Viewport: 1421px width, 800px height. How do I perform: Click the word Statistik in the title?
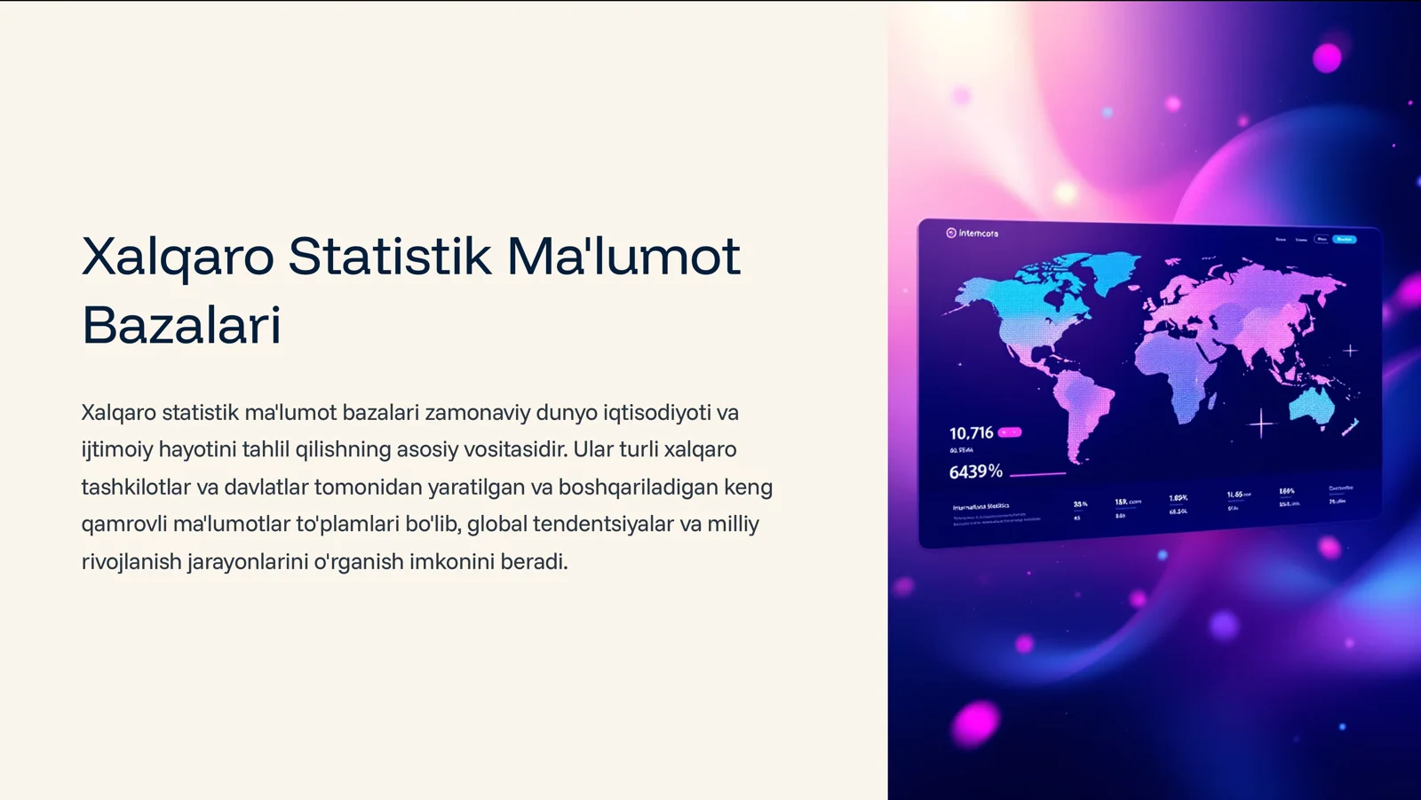click(x=389, y=257)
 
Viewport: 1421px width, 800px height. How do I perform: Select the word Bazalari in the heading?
click(x=181, y=325)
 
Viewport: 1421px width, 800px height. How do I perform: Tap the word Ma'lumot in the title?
click(x=623, y=257)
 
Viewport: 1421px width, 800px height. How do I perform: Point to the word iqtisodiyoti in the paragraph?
click(x=657, y=413)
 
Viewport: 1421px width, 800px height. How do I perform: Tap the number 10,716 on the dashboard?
click(x=971, y=433)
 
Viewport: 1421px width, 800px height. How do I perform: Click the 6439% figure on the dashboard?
click(x=975, y=471)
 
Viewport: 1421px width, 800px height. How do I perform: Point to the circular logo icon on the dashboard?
click(x=951, y=233)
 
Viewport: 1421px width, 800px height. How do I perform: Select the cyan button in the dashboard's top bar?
click(x=1345, y=239)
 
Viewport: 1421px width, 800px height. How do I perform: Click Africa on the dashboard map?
click(x=1181, y=373)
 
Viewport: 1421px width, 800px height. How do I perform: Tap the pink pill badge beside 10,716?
click(x=1010, y=432)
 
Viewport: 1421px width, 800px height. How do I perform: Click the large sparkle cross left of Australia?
click(x=1261, y=424)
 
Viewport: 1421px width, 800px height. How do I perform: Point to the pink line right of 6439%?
click(x=1037, y=474)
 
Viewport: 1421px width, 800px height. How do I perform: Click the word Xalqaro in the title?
click(x=178, y=257)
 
